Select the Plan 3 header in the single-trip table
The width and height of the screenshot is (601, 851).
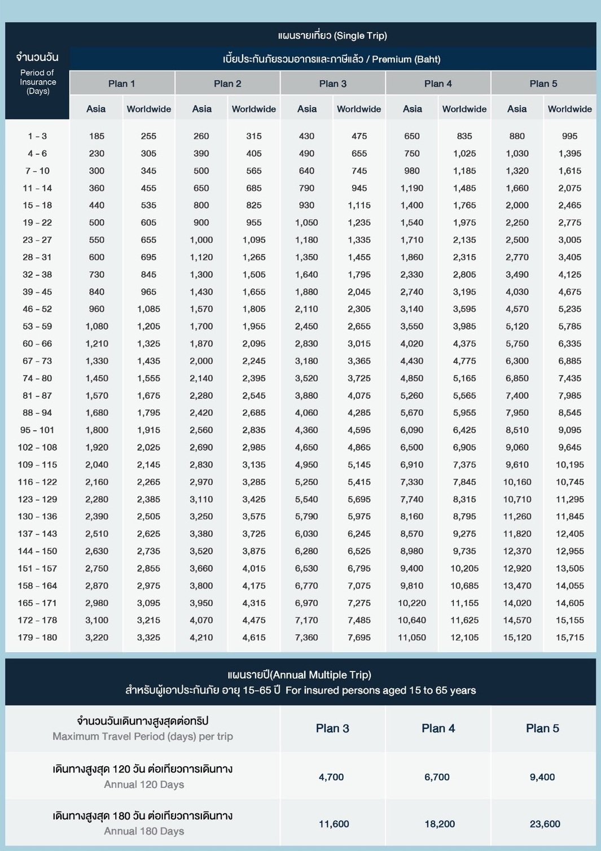click(332, 84)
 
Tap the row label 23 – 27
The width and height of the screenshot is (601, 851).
click(37, 240)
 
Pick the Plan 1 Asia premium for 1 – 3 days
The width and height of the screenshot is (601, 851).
click(96, 136)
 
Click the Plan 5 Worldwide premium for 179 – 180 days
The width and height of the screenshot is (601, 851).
click(569, 638)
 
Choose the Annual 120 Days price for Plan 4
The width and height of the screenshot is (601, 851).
click(437, 777)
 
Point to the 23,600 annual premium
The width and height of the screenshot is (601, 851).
click(545, 824)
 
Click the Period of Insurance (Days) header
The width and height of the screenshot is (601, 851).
click(38, 81)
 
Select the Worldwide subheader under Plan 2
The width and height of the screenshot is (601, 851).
click(253, 109)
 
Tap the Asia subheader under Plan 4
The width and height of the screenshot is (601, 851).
click(412, 109)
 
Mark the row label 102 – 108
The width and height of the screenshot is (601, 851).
click(37, 447)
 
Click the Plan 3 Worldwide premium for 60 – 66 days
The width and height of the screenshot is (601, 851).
click(359, 343)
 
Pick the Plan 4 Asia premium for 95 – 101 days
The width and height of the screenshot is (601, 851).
click(412, 430)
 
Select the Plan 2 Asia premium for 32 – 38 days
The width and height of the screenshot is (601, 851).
click(201, 274)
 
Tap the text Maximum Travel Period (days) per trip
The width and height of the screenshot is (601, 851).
click(143, 736)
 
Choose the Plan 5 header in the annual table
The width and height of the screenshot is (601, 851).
click(542, 728)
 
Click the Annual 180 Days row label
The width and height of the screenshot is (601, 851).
click(143, 831)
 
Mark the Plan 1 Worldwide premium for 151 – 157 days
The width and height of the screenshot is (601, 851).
click(148, 569)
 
